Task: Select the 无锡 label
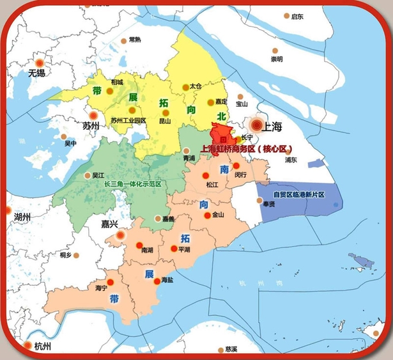(37, 73)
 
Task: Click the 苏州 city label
(91, 125)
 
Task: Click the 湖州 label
(22, 217)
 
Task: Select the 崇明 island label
(276, 59)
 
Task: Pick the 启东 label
(297, 17)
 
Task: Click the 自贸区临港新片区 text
(299, 194)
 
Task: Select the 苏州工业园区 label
(128, 120)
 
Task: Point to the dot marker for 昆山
(165, 113)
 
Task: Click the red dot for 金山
(206, 215)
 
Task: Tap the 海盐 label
(167, 280)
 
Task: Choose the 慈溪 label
(231, 349)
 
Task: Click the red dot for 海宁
(109, 281)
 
